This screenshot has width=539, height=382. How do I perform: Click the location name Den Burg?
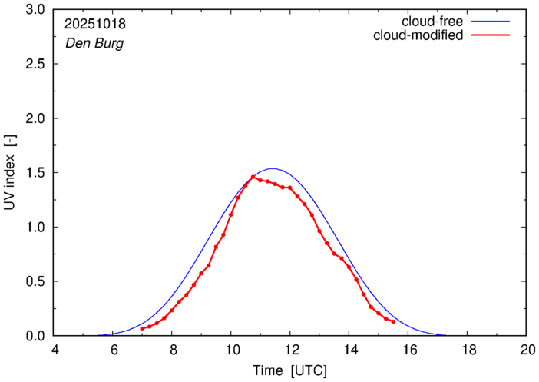94,43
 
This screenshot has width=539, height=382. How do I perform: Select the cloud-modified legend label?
418,35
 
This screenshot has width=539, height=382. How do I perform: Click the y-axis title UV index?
11,172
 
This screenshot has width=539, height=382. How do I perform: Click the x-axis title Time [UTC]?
290,371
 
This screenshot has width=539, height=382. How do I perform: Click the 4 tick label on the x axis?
55,350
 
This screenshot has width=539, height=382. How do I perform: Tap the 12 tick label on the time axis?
290,350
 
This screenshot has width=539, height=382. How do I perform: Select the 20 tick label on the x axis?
527,350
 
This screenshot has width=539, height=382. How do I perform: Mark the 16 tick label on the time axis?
408,350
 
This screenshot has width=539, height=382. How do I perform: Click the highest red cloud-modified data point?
253,177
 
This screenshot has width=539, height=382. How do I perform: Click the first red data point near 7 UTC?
142,328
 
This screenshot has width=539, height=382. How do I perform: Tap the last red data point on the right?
393,321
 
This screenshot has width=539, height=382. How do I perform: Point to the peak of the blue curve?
272,168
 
